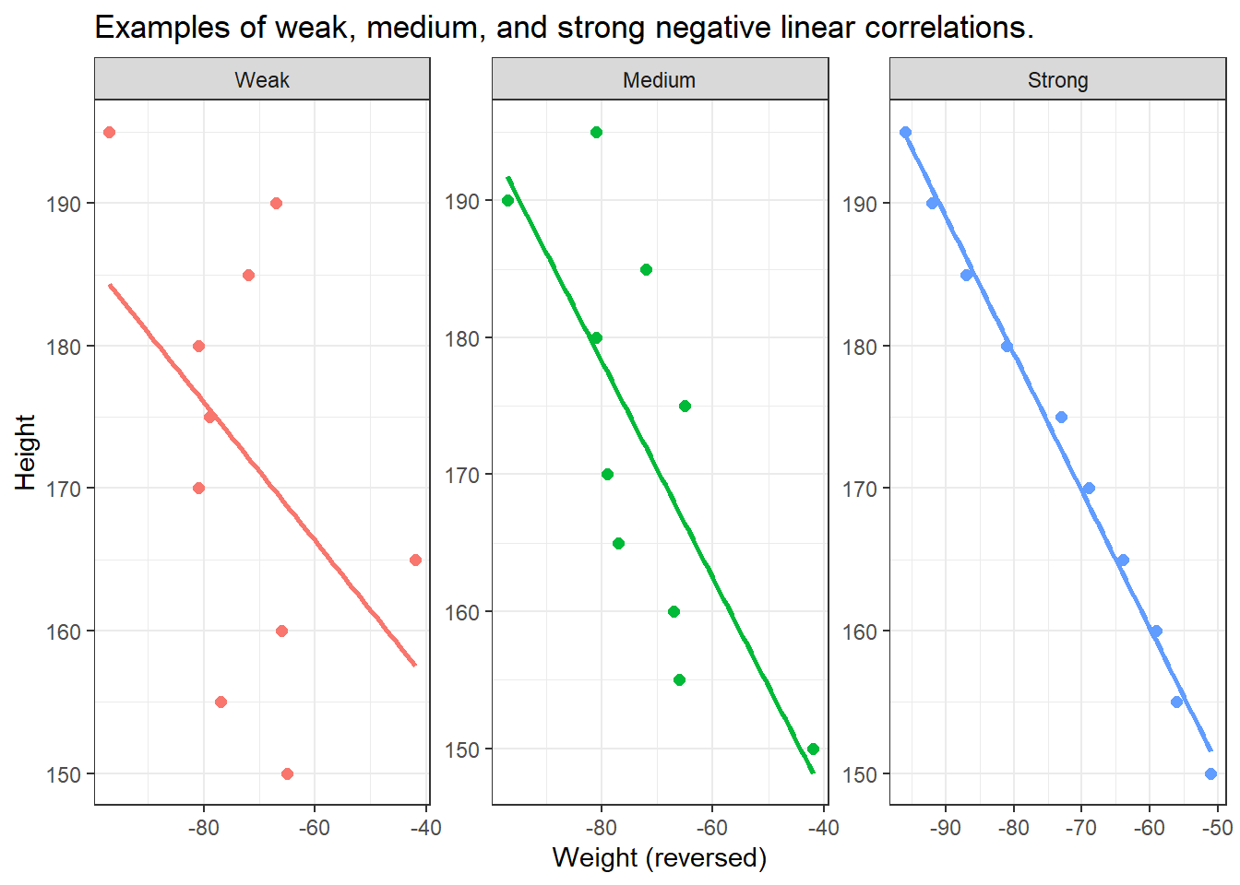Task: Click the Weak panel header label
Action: pos(262,80)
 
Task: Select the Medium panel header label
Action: pos(659,80)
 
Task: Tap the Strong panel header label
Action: pos(1057,80)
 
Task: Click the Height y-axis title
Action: pos(25,452)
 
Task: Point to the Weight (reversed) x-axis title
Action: pos(659,857)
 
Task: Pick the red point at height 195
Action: pos(109,132)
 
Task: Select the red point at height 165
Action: pos(415,560)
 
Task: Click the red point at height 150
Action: pos(287,773)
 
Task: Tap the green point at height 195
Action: pos(596,132)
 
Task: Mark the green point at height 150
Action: pos(813,749)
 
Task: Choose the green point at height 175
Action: pos(685,406)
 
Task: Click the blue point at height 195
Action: pos(905,132)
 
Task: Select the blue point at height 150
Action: pos(1210,773)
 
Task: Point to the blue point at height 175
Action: pos(1061,417)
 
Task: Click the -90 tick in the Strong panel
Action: pos(946,828)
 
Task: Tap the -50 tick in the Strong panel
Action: pos(1218,828)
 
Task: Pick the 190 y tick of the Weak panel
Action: pos(64,204)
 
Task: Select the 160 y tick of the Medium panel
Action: pos(461,612)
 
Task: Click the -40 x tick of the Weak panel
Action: pos(425,828)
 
